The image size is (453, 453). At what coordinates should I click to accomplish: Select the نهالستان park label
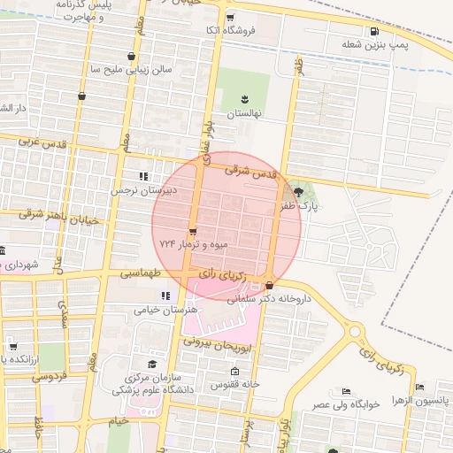242,114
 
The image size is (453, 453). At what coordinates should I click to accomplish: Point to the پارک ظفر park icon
297,191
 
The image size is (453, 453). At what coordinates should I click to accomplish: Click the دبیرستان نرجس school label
142,189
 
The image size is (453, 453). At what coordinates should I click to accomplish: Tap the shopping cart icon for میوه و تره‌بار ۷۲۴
193,232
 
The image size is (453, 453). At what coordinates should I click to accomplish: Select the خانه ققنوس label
234,385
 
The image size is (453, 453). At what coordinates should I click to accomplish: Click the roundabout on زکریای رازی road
355,332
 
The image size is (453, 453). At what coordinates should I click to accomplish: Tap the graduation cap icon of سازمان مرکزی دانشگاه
151,364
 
